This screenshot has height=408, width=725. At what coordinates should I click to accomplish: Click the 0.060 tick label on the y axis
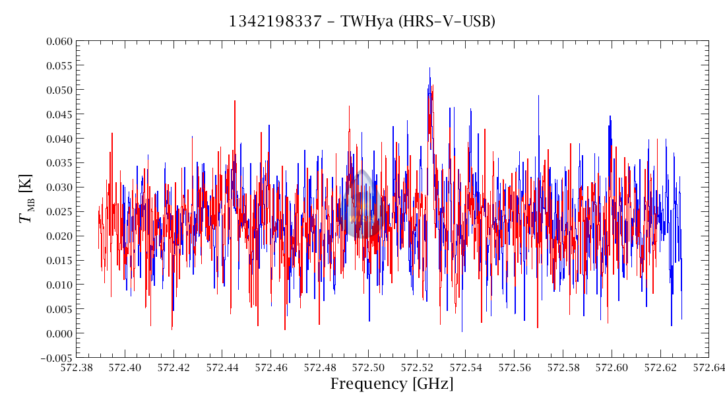click(x=56, y=41)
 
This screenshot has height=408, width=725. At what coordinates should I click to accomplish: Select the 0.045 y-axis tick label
click(x=56, y=114)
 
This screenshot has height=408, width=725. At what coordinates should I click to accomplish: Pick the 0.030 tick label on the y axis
click(x=56, y=187)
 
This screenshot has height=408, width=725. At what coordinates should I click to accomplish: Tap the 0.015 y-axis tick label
click(x=56, y=260)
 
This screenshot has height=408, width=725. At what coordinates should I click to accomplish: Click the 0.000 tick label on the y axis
click(x=56, y=333)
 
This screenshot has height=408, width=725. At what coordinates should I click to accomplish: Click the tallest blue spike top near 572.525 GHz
click(x=429, y=68)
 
